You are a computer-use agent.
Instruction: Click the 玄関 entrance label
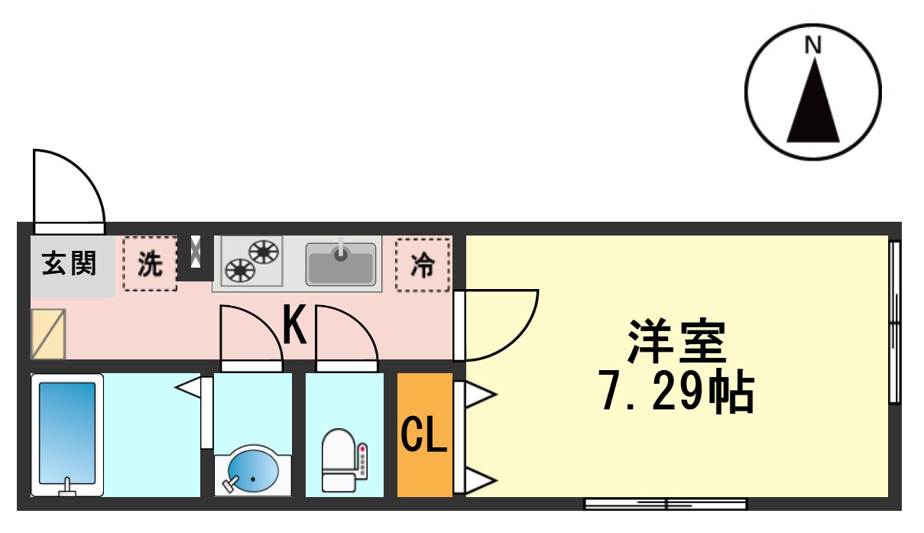tap(70, 264)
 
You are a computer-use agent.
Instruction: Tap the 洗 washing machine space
tap(150, 264)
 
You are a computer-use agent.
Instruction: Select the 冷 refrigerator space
tap(423, 265)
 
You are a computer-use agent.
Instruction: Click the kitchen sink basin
tap(341, 263)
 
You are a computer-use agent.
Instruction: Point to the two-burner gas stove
tap(251, 260)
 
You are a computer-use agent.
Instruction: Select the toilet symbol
tap(339, 459)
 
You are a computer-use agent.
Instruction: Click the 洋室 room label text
tap(676, 342)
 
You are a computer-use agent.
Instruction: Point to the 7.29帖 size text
tap(676, 392)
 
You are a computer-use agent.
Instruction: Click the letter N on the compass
tap(813, 46)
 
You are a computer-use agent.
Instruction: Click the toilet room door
tap(346, 336)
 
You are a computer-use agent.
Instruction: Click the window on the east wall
tap(895, 322)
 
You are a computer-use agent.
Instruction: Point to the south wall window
tap(666, 504)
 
